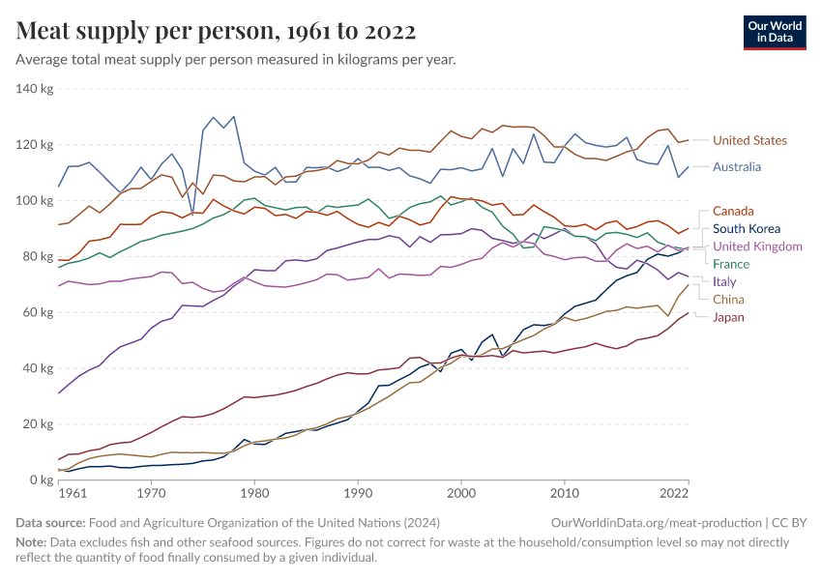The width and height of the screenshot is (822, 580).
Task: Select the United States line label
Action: click(x=749, y=141)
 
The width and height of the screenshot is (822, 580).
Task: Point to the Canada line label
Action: click(x=733, y=212)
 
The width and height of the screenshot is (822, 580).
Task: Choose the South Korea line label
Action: click(x=748, y=229)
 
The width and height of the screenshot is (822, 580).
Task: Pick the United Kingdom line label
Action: click(x=757, y=246)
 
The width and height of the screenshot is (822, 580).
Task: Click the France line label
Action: click(x=730, y=264)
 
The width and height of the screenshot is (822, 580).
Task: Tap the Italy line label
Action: click(x=724, y=282)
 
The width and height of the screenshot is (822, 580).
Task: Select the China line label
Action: click(x=728, y=300)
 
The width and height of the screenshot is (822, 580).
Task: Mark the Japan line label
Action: click(x=729, y=317)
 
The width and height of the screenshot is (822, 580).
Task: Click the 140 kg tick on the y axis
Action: click(x=34, y=89)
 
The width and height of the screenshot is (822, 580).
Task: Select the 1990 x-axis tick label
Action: click(x=358, y=493)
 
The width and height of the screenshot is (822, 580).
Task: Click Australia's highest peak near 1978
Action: click(x=233, y=117)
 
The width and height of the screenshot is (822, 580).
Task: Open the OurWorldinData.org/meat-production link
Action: click(x=646, y=522)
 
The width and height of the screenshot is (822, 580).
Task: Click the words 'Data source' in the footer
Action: click(x=47, y=522)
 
